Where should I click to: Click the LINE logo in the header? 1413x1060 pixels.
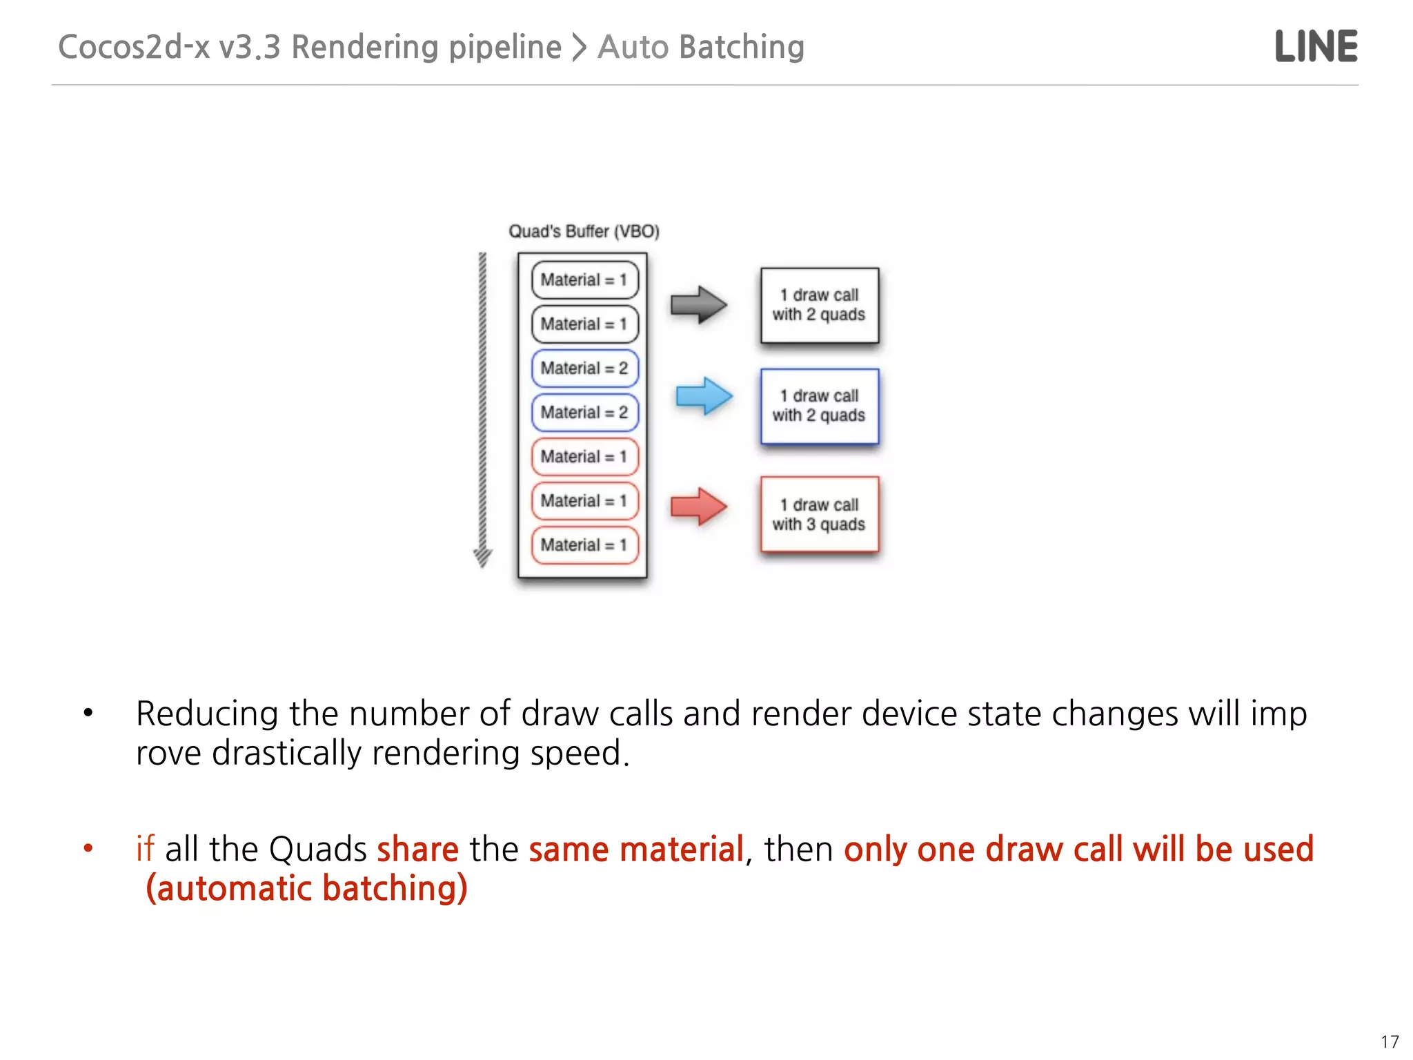[x=1316, y=47]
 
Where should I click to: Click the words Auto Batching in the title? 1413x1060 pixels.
[x=701, y=48]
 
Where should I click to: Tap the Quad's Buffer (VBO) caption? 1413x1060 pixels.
[x=584, y=231]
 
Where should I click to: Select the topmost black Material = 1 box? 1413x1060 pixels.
[x=584, y=280]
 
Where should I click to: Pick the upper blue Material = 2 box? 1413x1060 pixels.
[x=584, y=369]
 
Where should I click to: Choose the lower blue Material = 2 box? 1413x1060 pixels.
[x=584, y=413]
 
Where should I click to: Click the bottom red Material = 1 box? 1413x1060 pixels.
[x=584, y=545]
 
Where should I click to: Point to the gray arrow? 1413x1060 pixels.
[x=698, y=304]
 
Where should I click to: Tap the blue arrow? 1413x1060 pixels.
[x=704, y=396]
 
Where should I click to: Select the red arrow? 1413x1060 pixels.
[x=698, y=507]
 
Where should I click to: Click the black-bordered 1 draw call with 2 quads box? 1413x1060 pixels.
[x=819, y=305]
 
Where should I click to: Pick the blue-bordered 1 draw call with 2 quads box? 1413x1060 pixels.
[x=819, y=406]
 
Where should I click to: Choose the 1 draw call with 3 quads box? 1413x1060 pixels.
[x=819, y=515]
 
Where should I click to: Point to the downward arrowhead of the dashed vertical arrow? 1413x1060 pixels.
[x=482, y=558]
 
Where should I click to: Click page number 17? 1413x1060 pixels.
[x=1390, y=1041]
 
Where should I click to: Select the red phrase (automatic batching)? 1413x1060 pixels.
[x=306, y=888]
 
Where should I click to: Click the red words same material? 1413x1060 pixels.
[x=636, y=850]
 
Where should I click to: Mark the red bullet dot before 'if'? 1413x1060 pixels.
[x=88, y=848]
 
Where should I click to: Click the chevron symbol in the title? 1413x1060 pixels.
[x=580, y=48]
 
